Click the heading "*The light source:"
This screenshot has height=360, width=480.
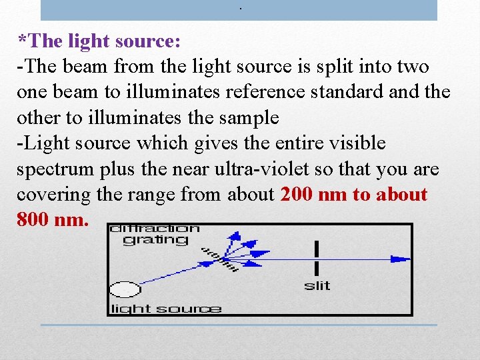(99, 41)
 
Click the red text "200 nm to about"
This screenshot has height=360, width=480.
(354, 194)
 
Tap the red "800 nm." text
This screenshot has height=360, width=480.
(53, 219)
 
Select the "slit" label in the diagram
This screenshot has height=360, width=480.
(317, 286)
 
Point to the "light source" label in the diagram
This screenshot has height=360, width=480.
(165, 308)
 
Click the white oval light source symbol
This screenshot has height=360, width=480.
(125, 289)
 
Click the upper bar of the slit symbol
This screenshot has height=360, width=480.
(317, 248)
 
